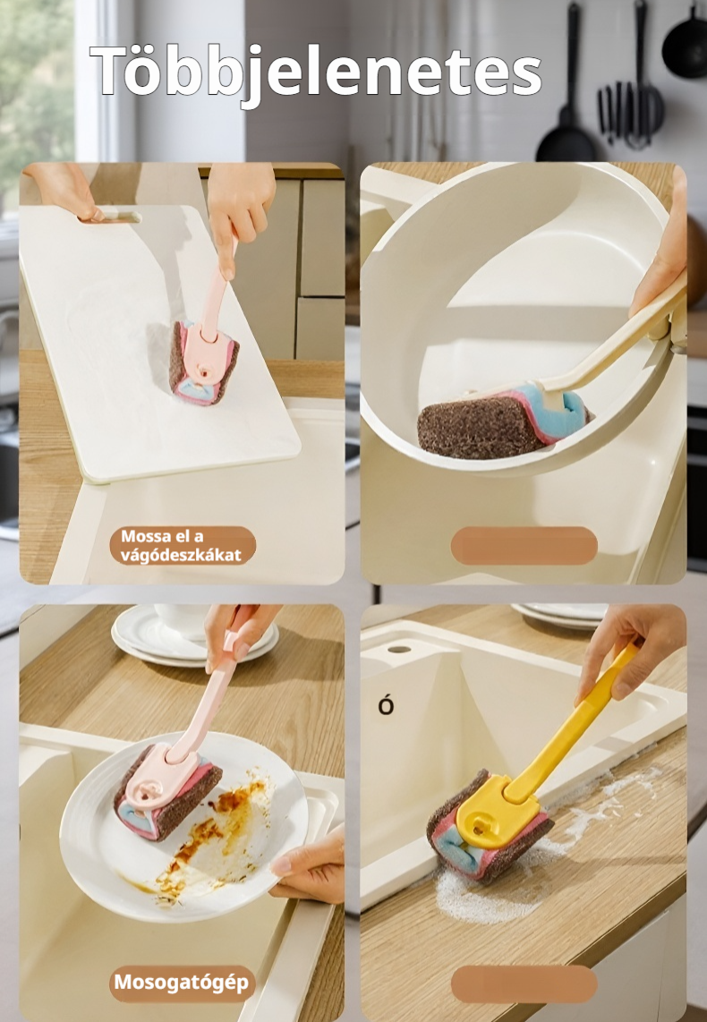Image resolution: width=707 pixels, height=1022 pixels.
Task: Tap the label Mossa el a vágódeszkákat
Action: [181, 546]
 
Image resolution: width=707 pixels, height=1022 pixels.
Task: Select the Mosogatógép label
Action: [182, 983]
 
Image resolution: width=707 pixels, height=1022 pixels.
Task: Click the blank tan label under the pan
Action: [524, 546]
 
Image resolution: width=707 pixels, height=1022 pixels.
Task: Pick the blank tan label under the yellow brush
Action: [524, 984]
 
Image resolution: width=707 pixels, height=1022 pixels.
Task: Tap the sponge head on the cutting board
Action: [204, 362]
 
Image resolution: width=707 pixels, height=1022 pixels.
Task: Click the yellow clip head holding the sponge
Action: [495, 812]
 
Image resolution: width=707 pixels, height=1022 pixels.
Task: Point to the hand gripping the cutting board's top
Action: [62, 190]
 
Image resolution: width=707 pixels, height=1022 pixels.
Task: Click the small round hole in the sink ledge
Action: [399, 649]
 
